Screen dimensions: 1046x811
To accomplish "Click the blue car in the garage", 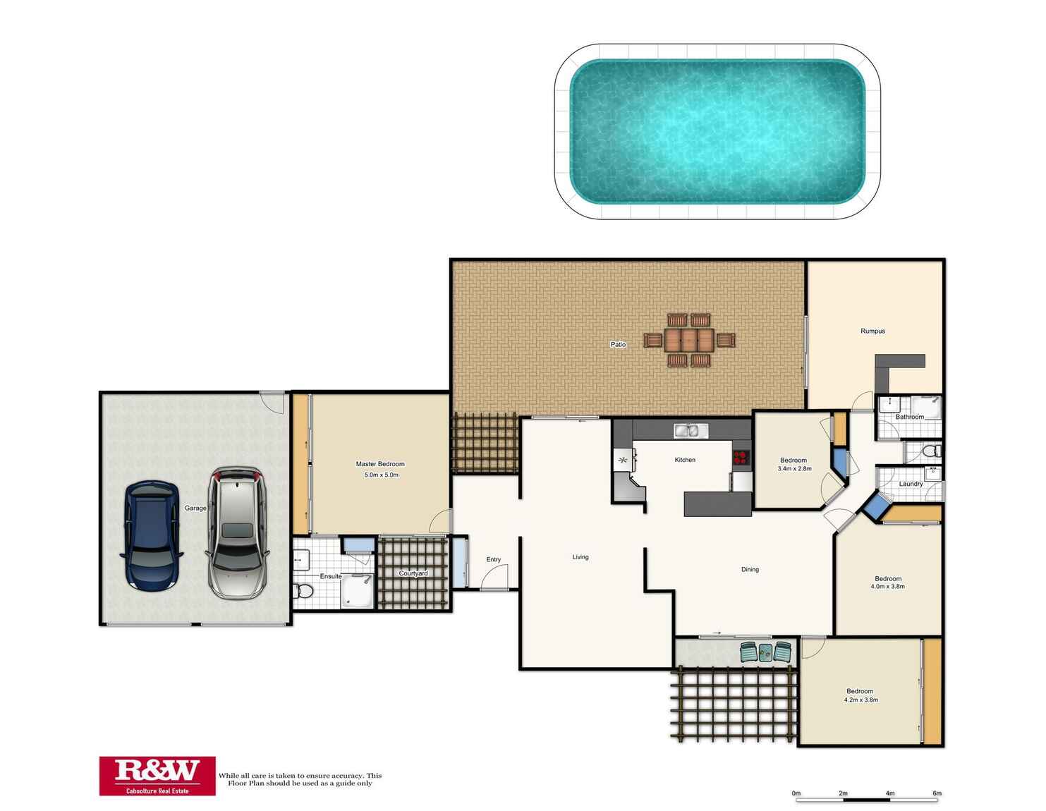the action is (151, 535).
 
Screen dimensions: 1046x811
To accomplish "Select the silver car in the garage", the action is (236, 533).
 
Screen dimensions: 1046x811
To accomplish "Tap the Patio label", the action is (618, 344).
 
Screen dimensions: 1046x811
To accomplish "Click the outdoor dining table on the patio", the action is (689, 340).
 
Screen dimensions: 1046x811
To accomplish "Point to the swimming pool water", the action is (717, 131).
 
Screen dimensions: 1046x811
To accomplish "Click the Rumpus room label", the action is (872, 331).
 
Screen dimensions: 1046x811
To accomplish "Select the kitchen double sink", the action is (691, 430).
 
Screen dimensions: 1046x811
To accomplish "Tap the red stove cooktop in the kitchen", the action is (741, 457).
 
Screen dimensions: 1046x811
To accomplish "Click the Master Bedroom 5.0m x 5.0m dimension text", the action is (382, 475).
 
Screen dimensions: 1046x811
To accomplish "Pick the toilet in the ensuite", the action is (303, 590).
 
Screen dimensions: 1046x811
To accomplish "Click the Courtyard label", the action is (413, 573).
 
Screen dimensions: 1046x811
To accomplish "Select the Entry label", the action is (494, 559).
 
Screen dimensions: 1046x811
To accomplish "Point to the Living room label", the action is (580, 557).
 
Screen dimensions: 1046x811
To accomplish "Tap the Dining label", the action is (750, 569).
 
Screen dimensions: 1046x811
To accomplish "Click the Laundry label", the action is (911, 484).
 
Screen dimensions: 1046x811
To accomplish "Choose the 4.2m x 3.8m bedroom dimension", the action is (861, 700).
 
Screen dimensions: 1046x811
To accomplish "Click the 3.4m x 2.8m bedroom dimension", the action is (795, 468).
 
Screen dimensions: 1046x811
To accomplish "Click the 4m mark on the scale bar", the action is (890, 793).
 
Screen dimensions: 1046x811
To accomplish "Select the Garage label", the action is (195, 508).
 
